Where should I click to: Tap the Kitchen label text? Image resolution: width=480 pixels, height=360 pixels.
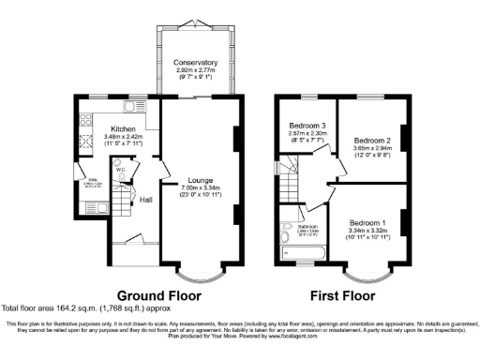point(125,128)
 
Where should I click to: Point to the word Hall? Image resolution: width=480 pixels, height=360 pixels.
point(146,200)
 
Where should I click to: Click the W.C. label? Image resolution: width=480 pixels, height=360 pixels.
point(121,170)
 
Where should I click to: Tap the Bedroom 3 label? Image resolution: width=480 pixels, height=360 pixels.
point(306,126)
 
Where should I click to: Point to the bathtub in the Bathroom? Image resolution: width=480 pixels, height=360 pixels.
point(303,251)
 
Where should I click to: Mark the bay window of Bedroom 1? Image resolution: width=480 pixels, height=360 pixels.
point(367,275)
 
